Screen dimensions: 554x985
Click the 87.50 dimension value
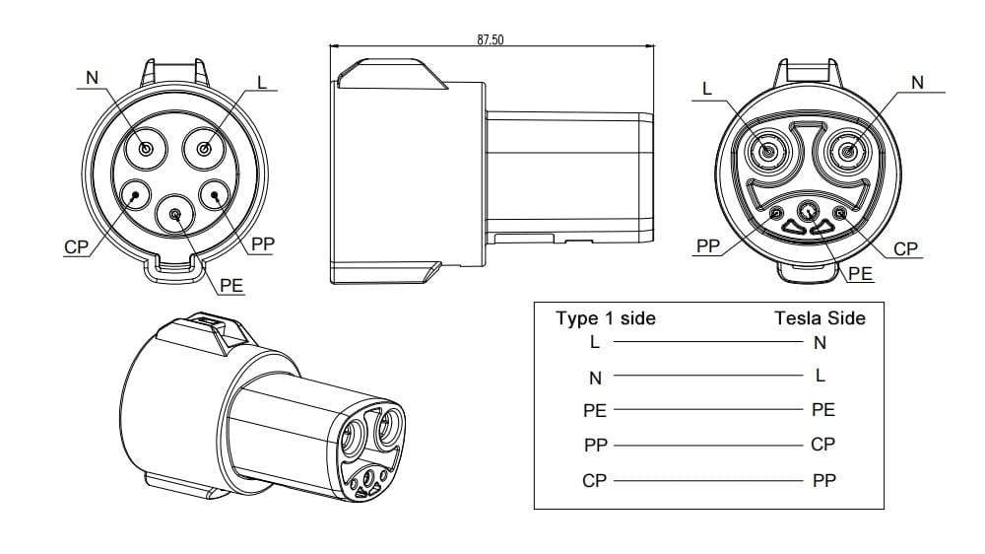(x=491, y=40)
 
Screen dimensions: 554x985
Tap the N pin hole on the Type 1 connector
(x=146, y=149)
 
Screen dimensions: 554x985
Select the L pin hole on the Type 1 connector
(x=205, y=149)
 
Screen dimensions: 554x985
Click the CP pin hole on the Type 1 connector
(x=133, y=195)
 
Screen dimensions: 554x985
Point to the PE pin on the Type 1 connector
(x=175, y=213)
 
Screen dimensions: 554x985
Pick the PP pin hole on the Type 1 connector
(x=217, y=195)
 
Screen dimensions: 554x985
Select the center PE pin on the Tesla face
(x=808, y=209)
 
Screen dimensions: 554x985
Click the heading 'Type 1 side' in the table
(x=605, y=318)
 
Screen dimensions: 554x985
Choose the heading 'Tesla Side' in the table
(x=820, y=318)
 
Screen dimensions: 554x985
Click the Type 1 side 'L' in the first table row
(x=594, y=342)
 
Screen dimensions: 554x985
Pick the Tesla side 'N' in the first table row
(x=821, y=342)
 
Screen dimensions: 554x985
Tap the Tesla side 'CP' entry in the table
(x=822, y=445)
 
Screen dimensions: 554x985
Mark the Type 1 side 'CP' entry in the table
(x=595, y=480)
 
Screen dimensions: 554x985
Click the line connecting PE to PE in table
(x=708, y=410)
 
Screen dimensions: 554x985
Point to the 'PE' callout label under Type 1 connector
(x=231, y=285)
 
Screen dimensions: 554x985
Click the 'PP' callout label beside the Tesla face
(x=707, y=245)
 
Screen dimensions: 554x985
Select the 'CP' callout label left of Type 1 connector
(x=76, y=246)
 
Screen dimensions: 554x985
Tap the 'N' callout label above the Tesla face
(x=918, y=83)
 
